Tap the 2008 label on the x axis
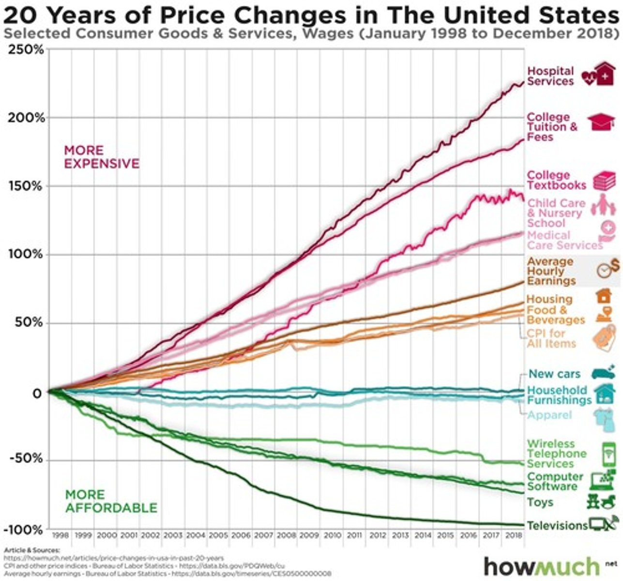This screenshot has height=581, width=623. coord(286,535)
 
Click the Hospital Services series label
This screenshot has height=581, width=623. coord(550,76)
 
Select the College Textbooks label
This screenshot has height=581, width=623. coord(556,180)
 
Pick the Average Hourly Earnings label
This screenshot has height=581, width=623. coord(551,271)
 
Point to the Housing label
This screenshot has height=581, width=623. coord(549,299)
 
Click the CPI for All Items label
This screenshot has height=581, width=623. coord(551,338)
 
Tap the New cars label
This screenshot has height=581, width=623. coord(554,374)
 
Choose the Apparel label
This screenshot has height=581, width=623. coord(549,415)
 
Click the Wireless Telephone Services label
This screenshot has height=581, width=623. coord(556,454)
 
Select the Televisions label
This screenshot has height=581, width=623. coord(557,525)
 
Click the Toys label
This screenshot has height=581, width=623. coord(540,502)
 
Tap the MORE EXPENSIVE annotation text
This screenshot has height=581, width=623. coord(101,157)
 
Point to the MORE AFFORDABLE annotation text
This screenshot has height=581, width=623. coord(111,501)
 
